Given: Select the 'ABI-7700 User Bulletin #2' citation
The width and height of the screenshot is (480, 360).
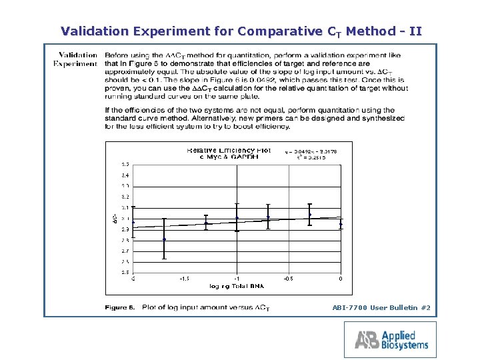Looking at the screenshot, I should point(381,307).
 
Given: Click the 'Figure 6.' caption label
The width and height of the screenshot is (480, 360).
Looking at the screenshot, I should point(119,307).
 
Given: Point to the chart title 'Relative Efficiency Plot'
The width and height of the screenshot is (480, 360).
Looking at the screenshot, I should point(229,151).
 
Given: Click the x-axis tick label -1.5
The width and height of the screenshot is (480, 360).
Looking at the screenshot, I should point(185,279).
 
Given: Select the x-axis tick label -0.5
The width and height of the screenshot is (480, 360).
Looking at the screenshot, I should point(288,279).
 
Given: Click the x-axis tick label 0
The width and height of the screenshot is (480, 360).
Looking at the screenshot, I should point(341,279).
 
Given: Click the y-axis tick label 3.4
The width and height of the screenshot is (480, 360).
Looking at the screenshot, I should point(125,175).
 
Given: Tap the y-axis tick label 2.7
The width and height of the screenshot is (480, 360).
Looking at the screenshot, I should point(125,251).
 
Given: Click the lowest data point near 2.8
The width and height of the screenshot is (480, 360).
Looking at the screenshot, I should point(164,239).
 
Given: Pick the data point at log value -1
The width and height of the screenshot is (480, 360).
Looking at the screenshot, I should point(237,218).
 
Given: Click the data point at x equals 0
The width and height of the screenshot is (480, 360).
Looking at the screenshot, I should point(341,223).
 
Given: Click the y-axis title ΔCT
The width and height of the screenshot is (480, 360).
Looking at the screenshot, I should point(115,218).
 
